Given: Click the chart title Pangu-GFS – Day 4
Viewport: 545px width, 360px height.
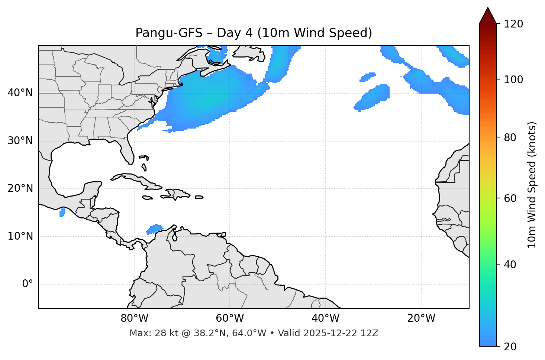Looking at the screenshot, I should click(254, 33).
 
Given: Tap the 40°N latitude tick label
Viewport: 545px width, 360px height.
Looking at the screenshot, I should click(20, 93).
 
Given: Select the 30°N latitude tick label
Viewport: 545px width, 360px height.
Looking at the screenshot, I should click(20, 141).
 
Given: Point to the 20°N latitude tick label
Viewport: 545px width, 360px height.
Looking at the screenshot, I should click(20, 188).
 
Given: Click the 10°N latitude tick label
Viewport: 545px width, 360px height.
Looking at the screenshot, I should click(20, 236).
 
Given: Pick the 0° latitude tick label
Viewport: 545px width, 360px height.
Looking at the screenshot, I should click(28, 284).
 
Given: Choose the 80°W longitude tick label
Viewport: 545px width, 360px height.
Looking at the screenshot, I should click(134, 318).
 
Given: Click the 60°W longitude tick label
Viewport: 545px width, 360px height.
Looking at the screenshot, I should click(230, 318).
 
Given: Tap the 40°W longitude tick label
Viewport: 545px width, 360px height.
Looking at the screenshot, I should click(325, 318).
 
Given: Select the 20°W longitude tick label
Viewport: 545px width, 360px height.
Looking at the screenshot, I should click(421, 318).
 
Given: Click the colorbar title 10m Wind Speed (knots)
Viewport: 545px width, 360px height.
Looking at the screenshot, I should click(532, 185).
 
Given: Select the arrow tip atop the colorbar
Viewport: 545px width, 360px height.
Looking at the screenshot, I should click(488, 8).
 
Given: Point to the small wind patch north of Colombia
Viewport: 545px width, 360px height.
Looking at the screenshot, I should click(154, 229).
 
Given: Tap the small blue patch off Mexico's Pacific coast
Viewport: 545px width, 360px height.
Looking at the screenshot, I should click(62, 213).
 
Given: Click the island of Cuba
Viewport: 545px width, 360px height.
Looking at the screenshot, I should click(134, 179).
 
